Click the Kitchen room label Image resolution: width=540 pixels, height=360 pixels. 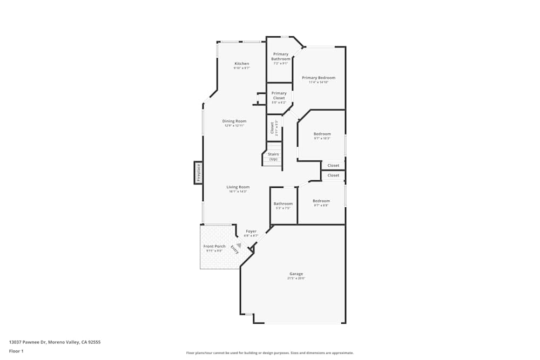click(x=241, y=64)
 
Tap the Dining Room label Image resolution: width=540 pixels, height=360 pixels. click(x=234, y=121)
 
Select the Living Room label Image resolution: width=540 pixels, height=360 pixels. click(x=238, y=187)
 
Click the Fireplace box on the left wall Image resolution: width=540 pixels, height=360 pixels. click(x=198, y=173)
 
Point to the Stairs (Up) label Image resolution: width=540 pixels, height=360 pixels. click(x=273, y=157)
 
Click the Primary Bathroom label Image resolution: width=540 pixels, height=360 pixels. click(x=280, y=56)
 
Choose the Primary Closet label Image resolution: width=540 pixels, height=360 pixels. click(x=279, y=96)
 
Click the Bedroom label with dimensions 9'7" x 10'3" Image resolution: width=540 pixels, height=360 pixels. click(x=322, y=134)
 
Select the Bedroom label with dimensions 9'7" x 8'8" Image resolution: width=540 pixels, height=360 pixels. click(x=321, y=201)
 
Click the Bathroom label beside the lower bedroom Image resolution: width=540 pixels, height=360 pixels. click(x=283, y=203)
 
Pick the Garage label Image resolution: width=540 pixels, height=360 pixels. click(x=296, y=274)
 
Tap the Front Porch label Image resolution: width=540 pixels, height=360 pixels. click(x=214, y=246)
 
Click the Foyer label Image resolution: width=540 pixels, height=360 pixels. click(x=251, y=231)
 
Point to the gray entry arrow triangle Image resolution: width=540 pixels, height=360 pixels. click(x=239, y=245)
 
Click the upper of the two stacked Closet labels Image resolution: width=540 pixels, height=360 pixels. click(x=333, y=166)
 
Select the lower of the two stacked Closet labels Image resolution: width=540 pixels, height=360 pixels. click(x=333, y=175)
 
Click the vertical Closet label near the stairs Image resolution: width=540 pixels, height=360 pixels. click(x=272, y=128)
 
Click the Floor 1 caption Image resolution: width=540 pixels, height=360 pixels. click(x=16, y=351)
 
